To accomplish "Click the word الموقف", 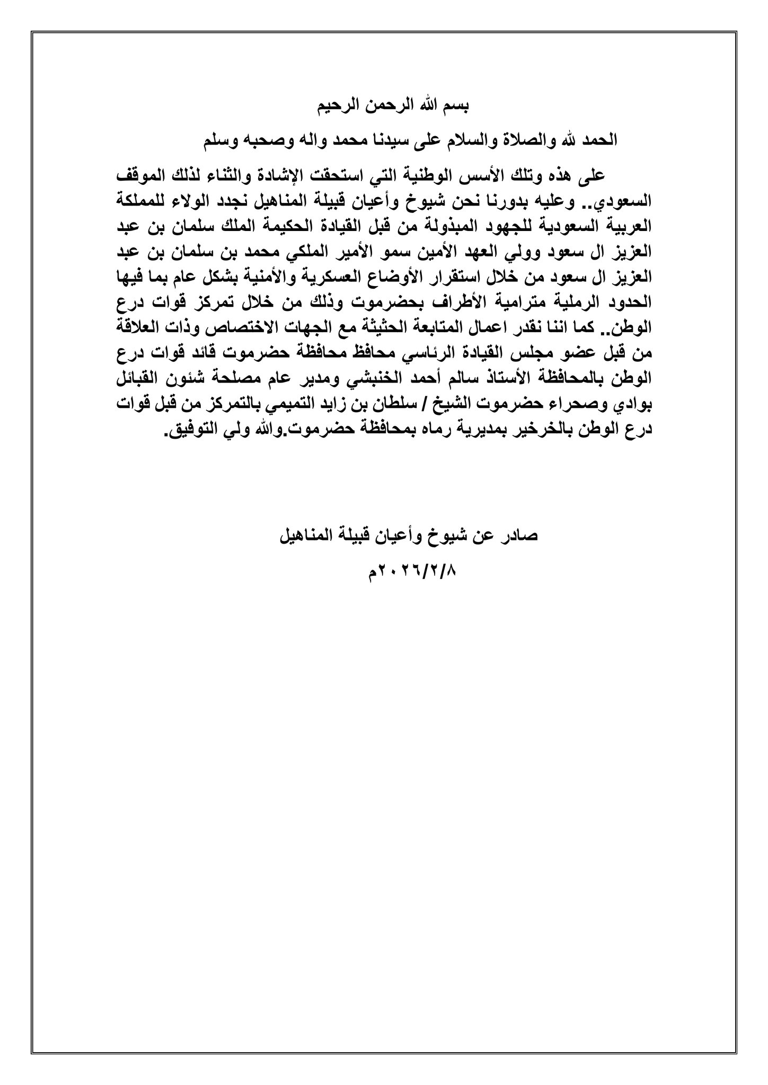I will click(x=140, y=175).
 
